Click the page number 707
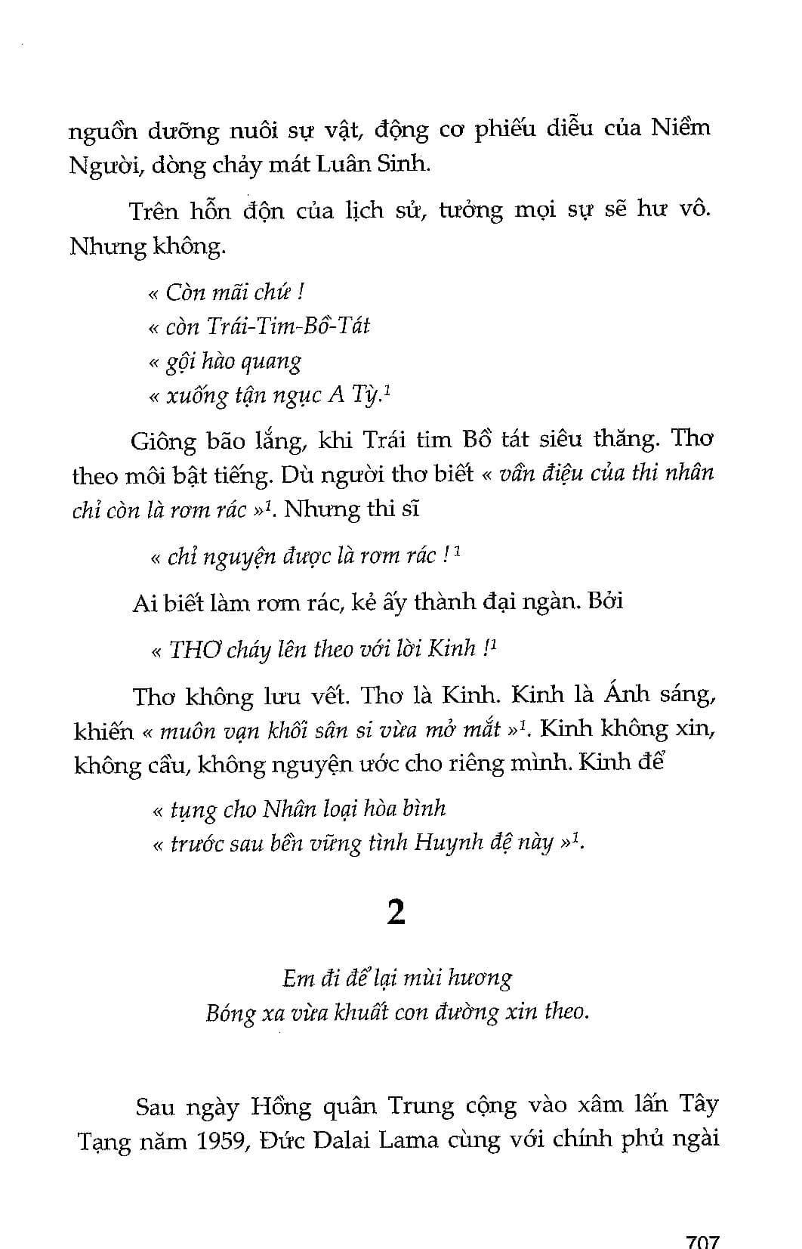pos(702,1240)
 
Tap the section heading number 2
pos(396,913)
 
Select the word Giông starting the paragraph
pos(163,441)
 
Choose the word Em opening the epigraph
pos(298,978)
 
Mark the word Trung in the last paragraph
pos(421,1107)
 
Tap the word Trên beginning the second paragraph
pos(154,211)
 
